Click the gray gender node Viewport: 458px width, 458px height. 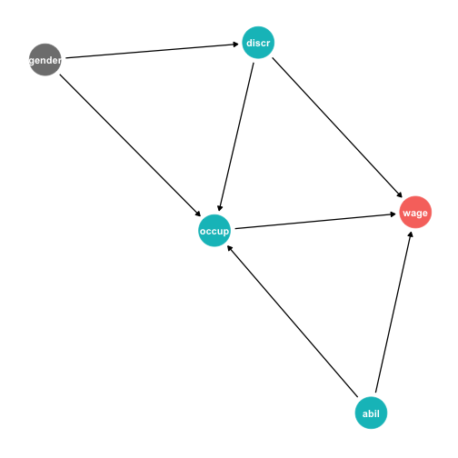click(x=45, y=60)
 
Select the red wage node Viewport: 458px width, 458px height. click(x=415, y=212)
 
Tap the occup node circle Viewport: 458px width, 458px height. click(x=214, y=231)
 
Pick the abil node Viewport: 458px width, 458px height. click(x=371, y=413)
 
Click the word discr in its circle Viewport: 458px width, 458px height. click(x=258, y=43)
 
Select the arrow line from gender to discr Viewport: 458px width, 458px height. click(x=152, y=51)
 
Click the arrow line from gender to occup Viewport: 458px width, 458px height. click(x=130, y=145)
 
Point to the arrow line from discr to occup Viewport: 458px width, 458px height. click(x=236, y=137)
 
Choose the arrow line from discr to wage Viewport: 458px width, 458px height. click(x=337, y=127)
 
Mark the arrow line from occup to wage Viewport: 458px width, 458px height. click(x=315, y=221)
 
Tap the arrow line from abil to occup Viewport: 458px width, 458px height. click(x=293, y=321)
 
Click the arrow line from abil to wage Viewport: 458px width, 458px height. click(x=393, y=312)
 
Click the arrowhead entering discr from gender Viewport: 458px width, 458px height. click(x=235, y=45)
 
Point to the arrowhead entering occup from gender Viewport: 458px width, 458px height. click(x=198, y=214)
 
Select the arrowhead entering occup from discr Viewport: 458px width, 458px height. click(x=219, y=208)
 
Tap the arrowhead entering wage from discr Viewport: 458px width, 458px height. click(x=400, y=195)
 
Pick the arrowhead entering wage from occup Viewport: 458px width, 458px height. click(x=393, y=214)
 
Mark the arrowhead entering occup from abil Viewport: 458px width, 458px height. click(x=229, y=248)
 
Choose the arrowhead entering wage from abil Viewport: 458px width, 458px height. click(x=411, y=234)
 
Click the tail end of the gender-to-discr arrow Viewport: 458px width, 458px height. click(x=65, y=58)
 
